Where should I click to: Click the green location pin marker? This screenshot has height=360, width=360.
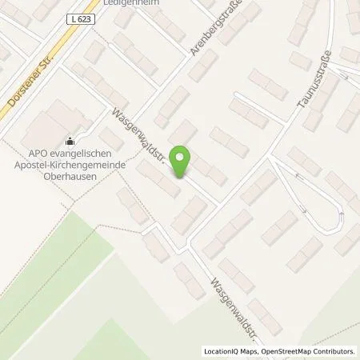182,160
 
